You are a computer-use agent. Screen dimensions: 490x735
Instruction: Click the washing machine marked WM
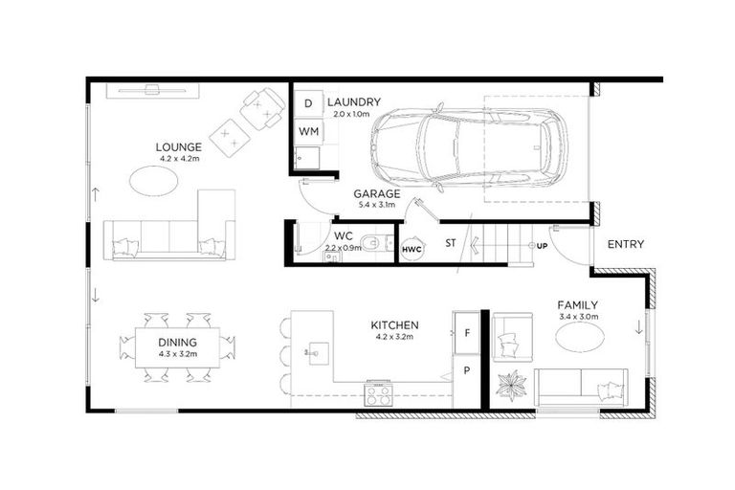(x=309, y=130)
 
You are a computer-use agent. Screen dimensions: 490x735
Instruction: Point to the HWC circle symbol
(x=412, y=249)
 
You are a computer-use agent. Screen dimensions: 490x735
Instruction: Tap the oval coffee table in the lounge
(x=154, y=179)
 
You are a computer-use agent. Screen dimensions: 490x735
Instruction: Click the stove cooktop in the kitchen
(x=379, y=392)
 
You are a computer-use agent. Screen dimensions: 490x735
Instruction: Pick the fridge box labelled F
(x=467, y=333)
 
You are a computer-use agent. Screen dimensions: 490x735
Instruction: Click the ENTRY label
(x=626, y=244)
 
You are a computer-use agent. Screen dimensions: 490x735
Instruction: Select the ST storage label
(x=450, y=244)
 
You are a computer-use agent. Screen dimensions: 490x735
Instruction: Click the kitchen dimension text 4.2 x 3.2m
(x=396, y=337)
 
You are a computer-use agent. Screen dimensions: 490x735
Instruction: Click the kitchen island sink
(x=313, y=353)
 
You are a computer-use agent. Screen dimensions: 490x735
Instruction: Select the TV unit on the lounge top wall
(x=153, y=91)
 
